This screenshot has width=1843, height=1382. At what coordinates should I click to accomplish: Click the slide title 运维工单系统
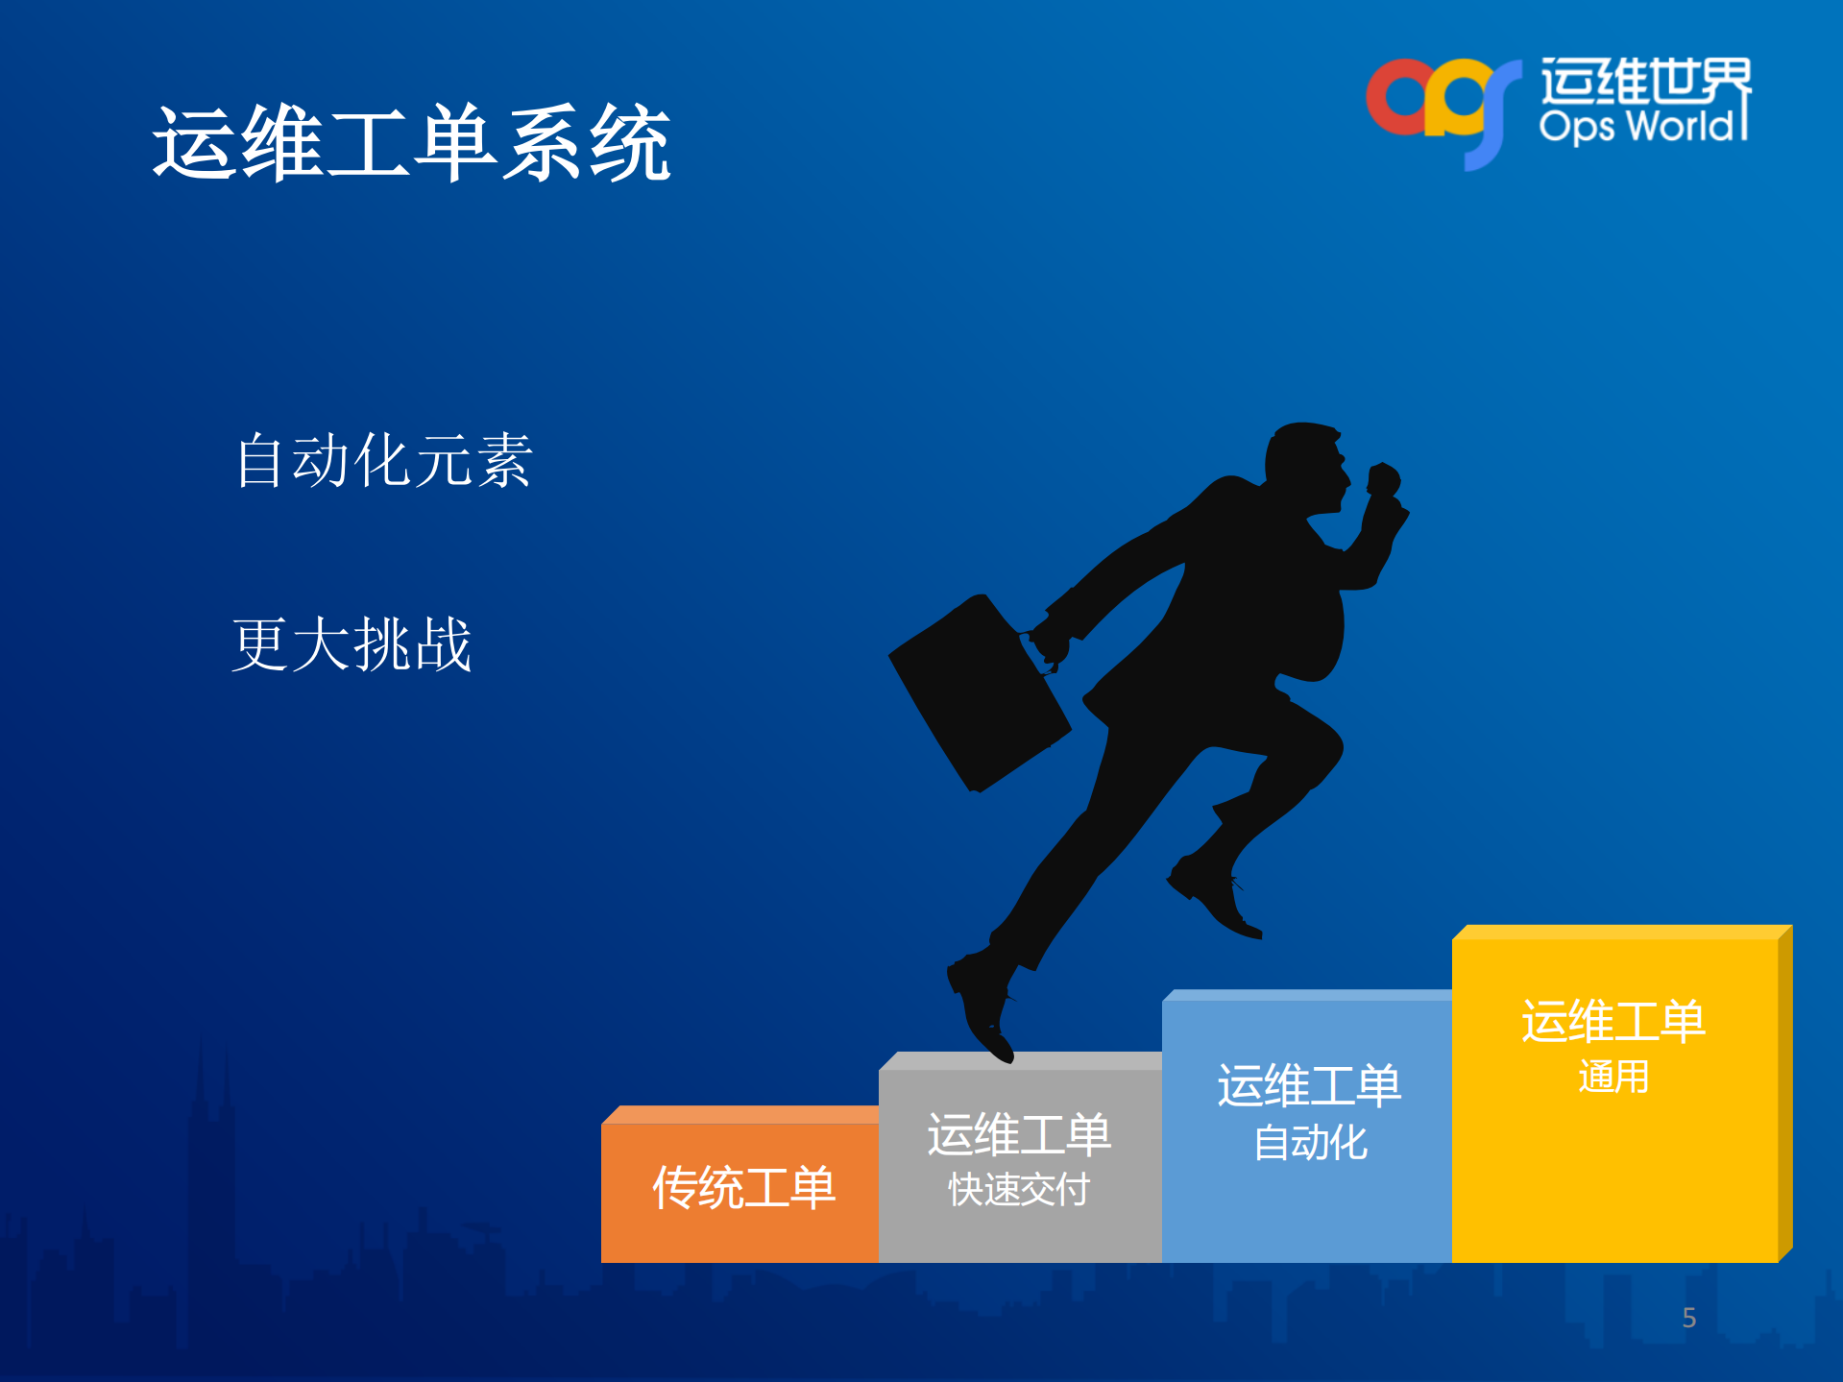411,144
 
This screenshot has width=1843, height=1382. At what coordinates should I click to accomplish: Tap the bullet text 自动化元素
383,460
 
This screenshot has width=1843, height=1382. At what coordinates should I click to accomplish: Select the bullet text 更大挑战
352,643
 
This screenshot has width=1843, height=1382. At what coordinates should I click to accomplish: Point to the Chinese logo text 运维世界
1644,81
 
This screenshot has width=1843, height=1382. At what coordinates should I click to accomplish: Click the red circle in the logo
1398,97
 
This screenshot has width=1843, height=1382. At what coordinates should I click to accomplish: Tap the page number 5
1688,1318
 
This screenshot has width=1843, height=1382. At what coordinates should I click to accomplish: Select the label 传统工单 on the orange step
742,1188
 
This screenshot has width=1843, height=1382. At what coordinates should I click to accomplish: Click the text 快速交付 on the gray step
1018,1190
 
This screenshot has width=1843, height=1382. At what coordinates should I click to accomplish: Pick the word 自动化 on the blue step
1309,1143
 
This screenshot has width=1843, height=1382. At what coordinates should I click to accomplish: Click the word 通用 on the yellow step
1613,1077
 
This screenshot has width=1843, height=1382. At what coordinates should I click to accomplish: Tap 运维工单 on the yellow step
1613,1021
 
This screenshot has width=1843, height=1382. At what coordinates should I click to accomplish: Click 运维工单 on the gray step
1018,1134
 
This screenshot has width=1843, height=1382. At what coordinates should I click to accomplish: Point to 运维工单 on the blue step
1309,1086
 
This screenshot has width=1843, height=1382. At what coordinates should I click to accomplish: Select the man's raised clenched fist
1383,480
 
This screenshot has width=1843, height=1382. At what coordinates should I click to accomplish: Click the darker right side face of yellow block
1784,1095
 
